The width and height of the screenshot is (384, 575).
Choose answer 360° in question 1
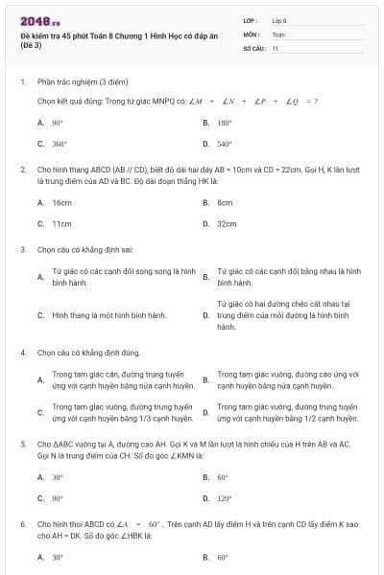(59, 144)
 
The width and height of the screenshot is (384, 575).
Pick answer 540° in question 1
(224, 144)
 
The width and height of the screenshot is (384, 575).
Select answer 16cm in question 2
(61, 203)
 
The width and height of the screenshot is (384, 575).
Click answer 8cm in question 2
(225, 203)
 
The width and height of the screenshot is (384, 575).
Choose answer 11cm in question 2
(61, 224)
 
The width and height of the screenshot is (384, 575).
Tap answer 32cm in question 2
(227, 224)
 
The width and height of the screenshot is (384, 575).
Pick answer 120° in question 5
(225, 499)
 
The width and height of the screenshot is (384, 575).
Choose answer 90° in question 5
(58, 499)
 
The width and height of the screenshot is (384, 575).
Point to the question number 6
(22, 525)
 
